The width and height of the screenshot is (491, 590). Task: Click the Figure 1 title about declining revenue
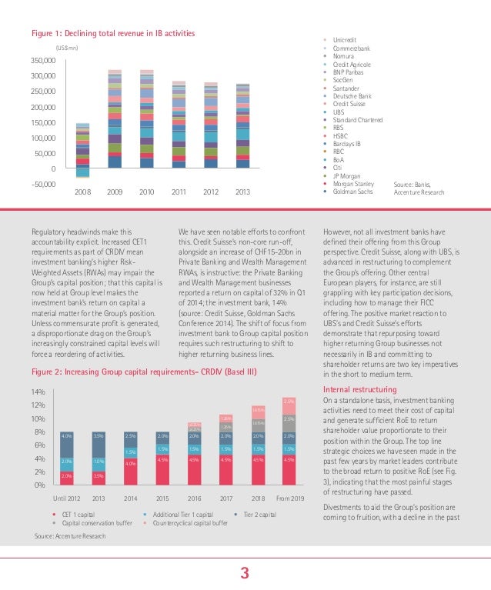(x=112, y=33)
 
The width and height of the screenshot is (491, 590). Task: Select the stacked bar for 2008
(x=82, y=150)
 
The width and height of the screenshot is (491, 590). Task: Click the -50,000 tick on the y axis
(x=42, y=184)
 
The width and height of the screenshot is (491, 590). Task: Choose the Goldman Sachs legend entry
(x=353, y=191)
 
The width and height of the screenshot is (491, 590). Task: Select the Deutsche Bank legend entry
(x=353, y=95)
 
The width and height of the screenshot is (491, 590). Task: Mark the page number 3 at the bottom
(x=245, y=572)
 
